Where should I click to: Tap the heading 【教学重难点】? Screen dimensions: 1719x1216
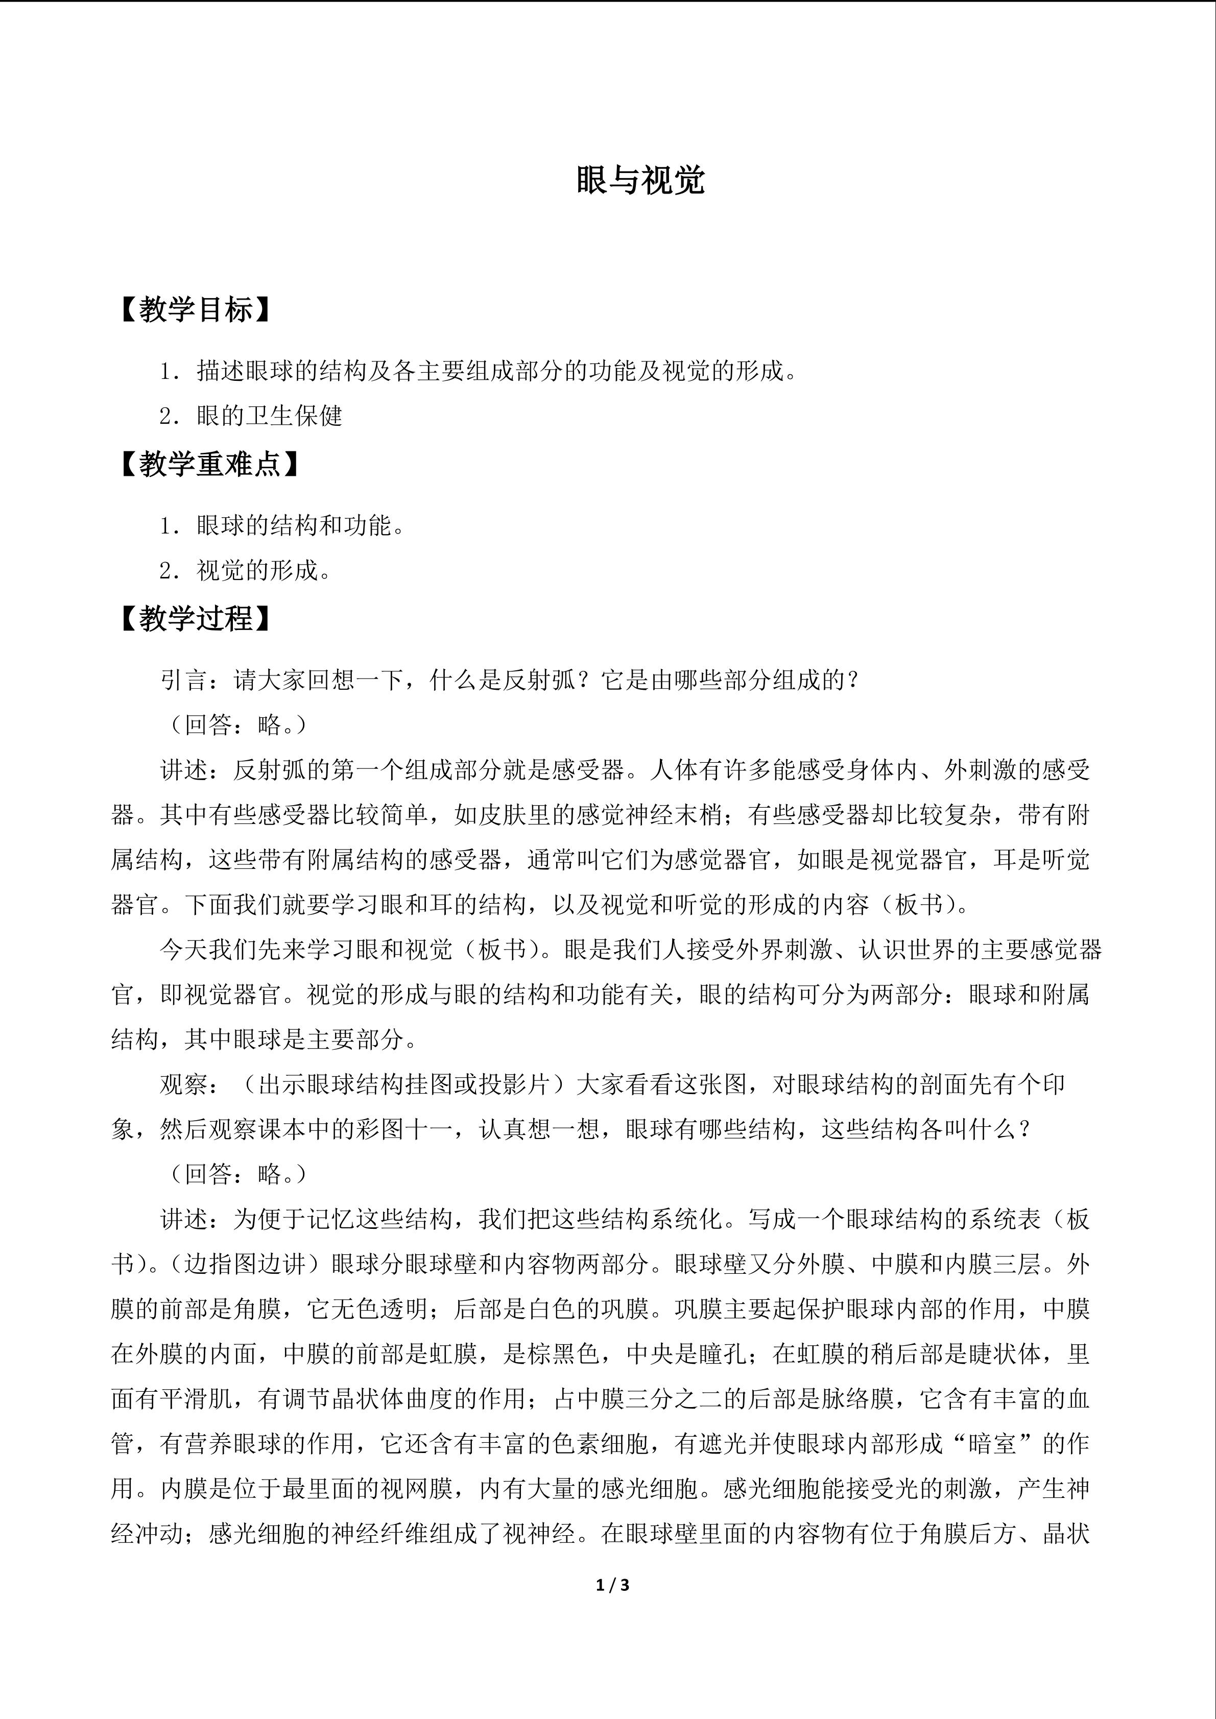(x=209, y=465)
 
